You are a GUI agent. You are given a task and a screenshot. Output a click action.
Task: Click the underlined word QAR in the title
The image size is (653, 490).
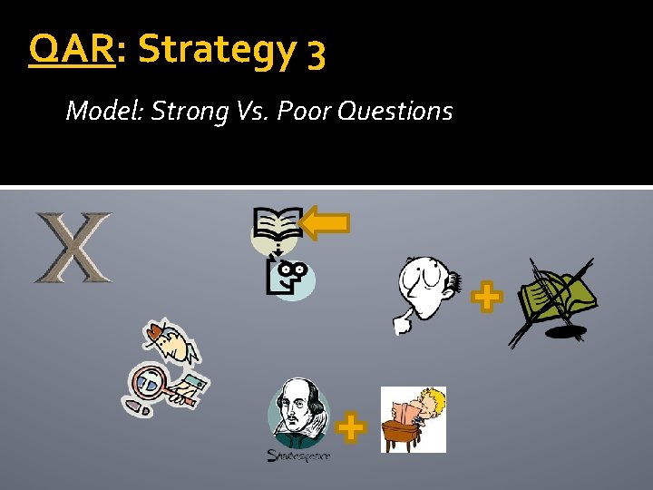click(73, 51)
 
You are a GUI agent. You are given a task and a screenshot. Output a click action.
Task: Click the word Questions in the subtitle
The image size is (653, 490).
click(395, 112)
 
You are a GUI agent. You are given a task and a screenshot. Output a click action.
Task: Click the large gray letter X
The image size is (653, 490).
click(73, 247)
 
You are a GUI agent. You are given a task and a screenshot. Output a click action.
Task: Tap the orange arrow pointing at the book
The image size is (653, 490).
click(324, 224)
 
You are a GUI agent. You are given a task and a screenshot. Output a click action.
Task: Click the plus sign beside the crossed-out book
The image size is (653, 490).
click(487, 297)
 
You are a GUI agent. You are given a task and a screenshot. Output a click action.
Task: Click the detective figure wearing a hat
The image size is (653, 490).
click(172, 344)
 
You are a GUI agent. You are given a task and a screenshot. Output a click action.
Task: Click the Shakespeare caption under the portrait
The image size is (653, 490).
click(299, 455)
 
